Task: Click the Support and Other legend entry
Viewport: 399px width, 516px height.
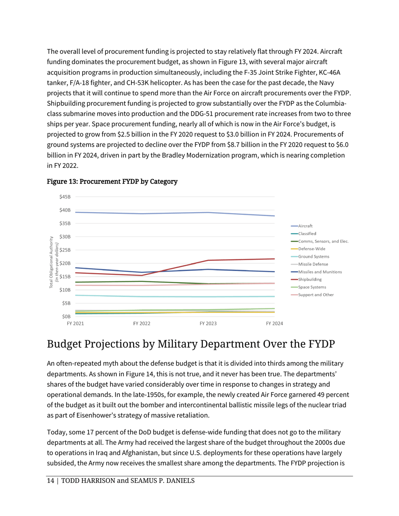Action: pos(315,294)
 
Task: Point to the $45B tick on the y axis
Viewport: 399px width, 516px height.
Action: pos(65,197)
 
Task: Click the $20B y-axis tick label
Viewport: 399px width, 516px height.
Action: pos(65,263)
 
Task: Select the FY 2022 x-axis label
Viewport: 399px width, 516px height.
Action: pos(142,324)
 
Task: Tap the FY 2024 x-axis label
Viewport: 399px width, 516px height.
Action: pos(274,324)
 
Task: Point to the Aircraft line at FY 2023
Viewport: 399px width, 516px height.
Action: pos(208,212)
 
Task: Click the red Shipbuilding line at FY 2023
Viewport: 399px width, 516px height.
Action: pos(208,261)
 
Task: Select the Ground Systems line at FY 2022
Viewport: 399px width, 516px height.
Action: pos(142,297)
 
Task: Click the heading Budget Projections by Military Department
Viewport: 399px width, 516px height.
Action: pos(191,344)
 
